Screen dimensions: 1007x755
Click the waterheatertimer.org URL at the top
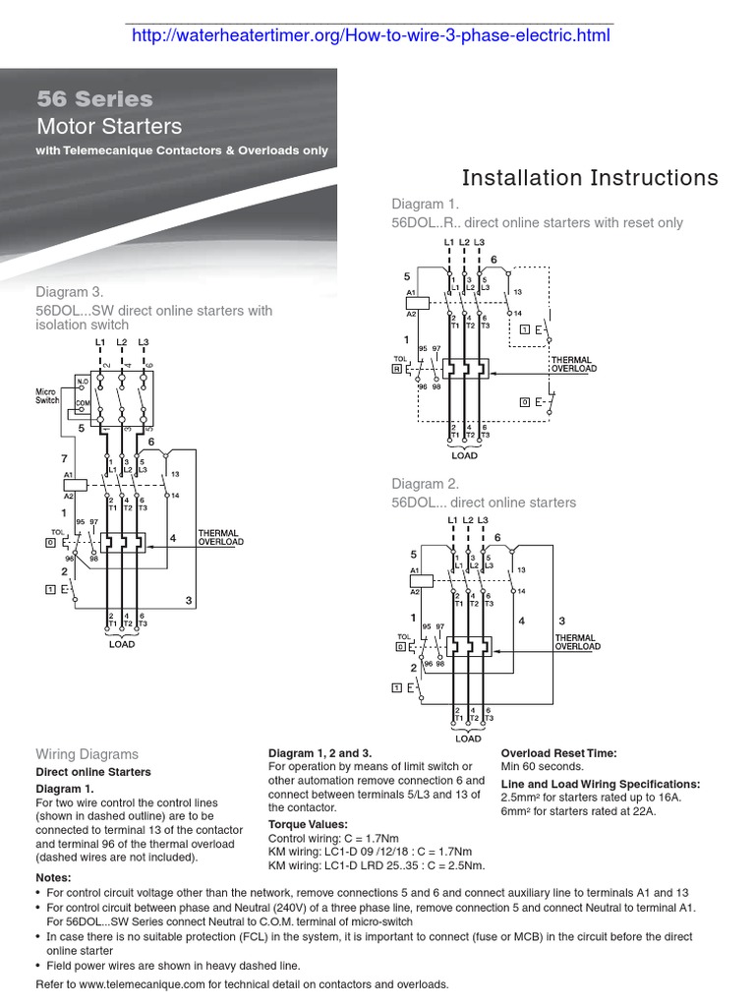point(370,36)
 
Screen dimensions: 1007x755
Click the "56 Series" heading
point(95,99)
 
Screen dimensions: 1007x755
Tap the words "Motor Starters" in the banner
point(109,127)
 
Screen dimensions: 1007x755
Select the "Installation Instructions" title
point(590,178)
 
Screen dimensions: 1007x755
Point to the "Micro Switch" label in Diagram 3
point(47,396)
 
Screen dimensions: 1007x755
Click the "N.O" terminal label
point(83,382)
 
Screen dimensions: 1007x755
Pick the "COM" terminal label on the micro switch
point(84,404)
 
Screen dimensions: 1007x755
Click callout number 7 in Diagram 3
point(64,460)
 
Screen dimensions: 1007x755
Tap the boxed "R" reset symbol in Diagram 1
point(396,369)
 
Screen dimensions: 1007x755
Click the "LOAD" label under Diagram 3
point(122,644)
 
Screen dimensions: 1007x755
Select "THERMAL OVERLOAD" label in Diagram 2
point(577,642)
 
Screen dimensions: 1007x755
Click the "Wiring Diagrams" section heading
point(87,754)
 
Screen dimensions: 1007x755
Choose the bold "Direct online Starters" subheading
point(93,772)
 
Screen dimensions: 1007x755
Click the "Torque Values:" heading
point(308,824)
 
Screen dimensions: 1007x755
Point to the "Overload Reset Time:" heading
point(558,753)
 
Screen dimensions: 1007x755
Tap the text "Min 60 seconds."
point(543,767)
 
